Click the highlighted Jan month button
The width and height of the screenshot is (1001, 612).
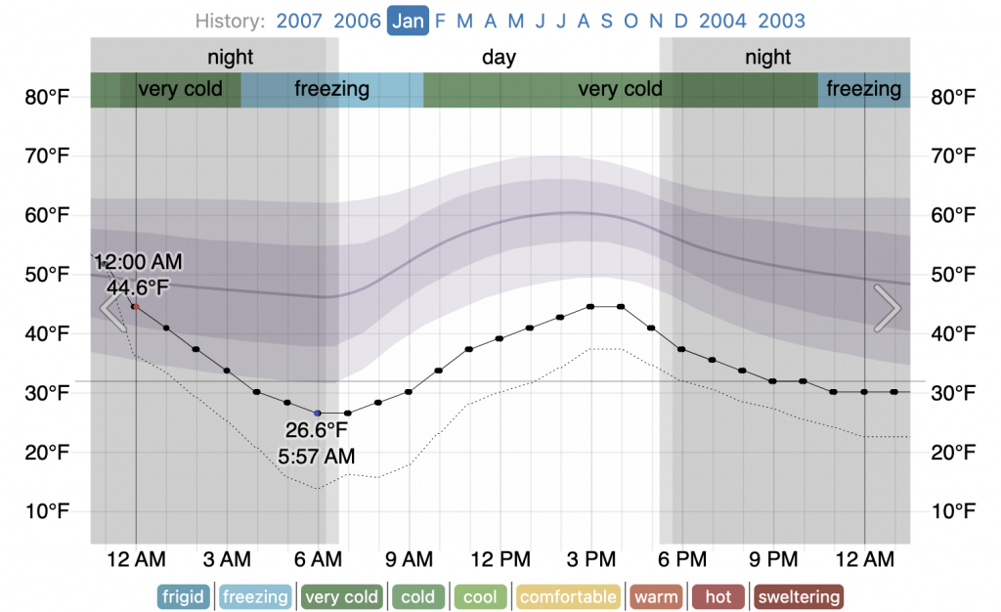[408, 21]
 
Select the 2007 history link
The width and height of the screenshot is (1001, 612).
[299, 21]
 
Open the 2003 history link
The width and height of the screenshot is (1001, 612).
[781, 21]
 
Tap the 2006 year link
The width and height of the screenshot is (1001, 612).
[357, 21]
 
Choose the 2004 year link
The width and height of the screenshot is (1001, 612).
[723, 21]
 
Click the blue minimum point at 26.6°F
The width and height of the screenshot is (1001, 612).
[318, 414]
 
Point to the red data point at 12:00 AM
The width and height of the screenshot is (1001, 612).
[136, 306]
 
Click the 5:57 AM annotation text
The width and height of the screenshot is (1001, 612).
[317, 456]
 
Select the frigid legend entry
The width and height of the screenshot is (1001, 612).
[183, 596]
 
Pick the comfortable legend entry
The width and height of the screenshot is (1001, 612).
[569, 596]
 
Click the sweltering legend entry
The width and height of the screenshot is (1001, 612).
[800, 596]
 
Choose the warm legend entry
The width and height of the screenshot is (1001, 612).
[657, 596]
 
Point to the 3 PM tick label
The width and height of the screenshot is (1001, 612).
[591, 560]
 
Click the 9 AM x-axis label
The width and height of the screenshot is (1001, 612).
[409, 560]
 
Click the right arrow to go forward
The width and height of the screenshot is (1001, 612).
[888, 309]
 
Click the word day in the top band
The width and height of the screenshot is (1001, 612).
[499, 57]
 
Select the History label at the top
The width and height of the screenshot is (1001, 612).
[230, 21]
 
